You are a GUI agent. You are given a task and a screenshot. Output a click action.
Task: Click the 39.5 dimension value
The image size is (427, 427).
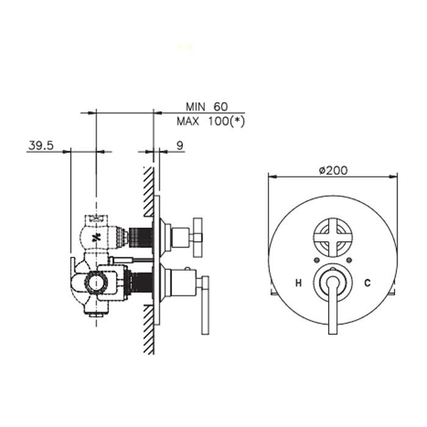click(x=41, y=146)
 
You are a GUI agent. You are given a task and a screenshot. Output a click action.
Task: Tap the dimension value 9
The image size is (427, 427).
click(x=180, y=146)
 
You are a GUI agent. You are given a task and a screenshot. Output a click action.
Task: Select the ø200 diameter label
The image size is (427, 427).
click(x=333, y=170)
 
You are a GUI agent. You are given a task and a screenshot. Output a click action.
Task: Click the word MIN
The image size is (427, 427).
click(x=195, y=107)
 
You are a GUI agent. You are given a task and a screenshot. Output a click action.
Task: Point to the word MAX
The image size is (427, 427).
click(x=188, y=121)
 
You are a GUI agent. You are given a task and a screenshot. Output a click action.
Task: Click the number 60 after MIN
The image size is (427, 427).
click(x=220, y=107)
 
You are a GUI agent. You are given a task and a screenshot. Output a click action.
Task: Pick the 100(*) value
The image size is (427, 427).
click(x=226, y=121)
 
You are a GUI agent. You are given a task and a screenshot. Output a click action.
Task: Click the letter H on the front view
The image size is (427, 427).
click(x=299, y=283)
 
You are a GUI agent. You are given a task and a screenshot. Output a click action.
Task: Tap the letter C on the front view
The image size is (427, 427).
click(x=367, y=283)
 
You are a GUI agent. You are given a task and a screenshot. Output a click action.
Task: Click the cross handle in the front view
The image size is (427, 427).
click(x=333, y=237)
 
